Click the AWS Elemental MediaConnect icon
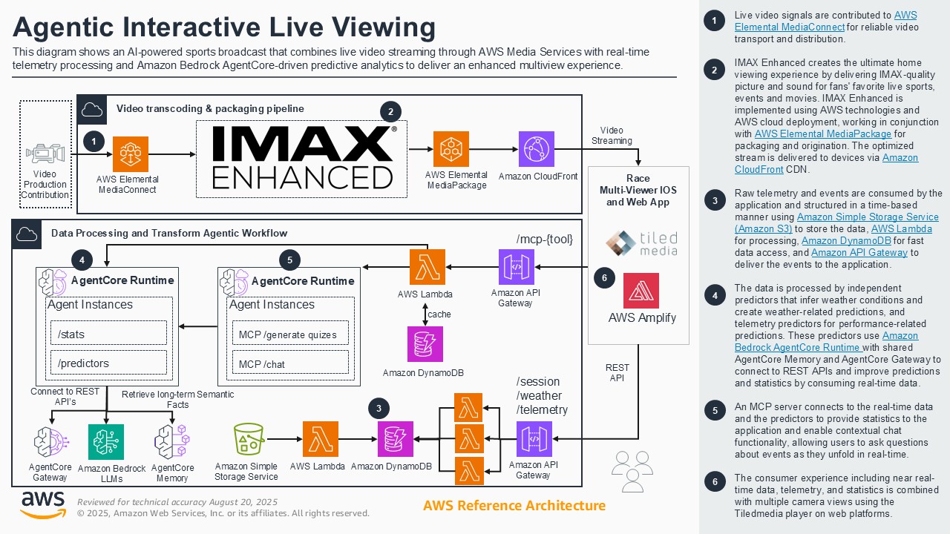131,154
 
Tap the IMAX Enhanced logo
302,157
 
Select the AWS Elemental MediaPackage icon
451,149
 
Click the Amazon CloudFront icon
537,149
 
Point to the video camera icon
45,154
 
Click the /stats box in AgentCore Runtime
108,334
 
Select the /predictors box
108,363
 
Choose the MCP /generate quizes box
290,334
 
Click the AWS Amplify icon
641,291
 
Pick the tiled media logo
641,243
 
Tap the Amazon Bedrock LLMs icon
106,443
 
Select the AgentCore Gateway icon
50,442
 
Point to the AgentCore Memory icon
172,443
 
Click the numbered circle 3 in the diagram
379,408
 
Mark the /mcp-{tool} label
545,239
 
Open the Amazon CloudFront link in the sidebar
900,163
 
